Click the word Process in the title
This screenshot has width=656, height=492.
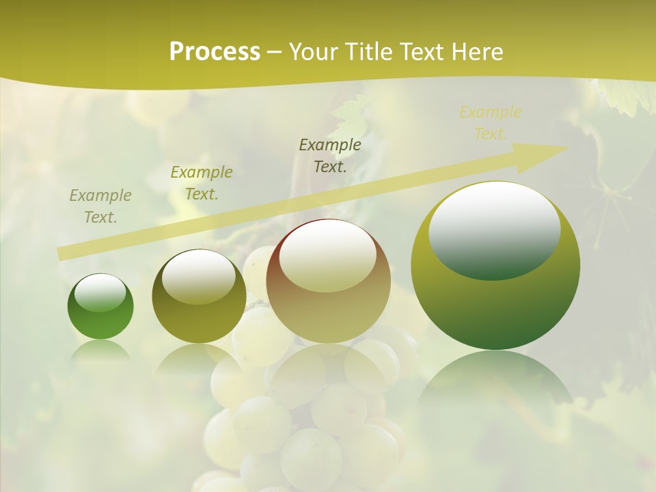[215, 52]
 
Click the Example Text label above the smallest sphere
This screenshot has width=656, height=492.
[100, 206]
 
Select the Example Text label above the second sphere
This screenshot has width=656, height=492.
[202, 183]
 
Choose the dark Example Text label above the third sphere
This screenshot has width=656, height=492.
[330, 155]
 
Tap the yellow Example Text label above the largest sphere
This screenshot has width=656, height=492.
[491, 123]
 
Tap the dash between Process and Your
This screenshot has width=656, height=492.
[274, 52]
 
